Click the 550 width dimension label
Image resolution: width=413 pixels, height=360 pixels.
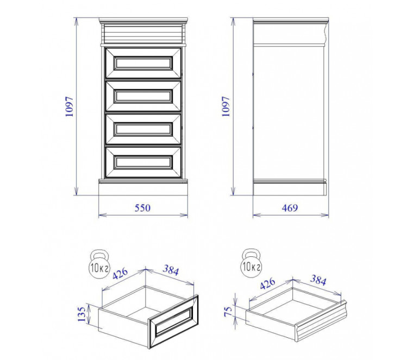coord(142,208)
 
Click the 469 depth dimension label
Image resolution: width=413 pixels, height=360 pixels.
coord(290,208)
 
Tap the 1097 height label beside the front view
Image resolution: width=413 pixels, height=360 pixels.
coord(69,106)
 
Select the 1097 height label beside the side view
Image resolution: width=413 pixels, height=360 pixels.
coord(226,106)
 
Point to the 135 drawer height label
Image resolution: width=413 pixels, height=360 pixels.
coord(82,314)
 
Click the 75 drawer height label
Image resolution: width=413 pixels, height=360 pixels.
coord(228,311)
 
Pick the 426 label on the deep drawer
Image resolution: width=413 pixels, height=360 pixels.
coord(121,274)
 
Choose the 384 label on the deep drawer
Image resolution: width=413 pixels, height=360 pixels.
coord(171,270)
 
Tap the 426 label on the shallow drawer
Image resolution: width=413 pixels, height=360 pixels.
coord(267,283)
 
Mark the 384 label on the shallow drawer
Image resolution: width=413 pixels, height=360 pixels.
coord(318,280)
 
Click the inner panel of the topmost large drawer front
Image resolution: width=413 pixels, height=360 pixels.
coord(143,63)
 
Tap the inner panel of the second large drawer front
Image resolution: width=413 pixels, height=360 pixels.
coord(143,96)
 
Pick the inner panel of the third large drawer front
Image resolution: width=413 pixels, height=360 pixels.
coord(143,129)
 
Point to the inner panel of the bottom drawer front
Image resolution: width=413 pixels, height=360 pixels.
coord(143,162)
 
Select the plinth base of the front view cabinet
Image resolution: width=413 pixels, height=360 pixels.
coord(143,188)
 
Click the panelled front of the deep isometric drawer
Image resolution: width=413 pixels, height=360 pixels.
coord(173,321)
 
